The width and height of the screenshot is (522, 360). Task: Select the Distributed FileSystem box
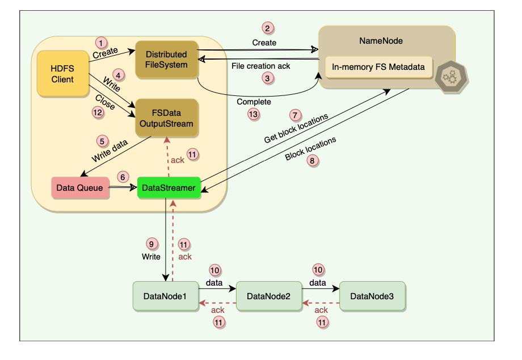pyautogui.click(x=166, y=60)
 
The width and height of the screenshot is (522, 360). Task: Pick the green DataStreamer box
pyautogui.click(x=169, y=187)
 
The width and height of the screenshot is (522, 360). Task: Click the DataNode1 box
pyautogui.click(x=165, y=296)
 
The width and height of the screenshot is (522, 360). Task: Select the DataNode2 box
pyautogui.click(x=268, y=296)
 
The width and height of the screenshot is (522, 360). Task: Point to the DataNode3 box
pyautogui.click(x=372, y=296)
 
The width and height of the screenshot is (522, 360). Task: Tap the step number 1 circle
pyautogui.click(x=101, y=43)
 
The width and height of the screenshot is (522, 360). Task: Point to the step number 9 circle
pyautogui.click(x=151, y=245)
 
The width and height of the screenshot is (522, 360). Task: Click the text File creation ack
pyautogui.click(x=260, y=66)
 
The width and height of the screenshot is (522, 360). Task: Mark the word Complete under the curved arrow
pyautogui.click(x=254, y=102)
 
